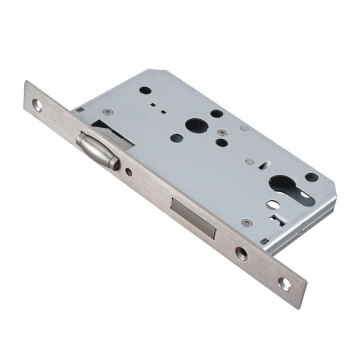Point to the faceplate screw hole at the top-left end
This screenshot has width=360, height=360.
[39, 107]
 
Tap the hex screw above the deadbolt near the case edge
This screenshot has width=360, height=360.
[245, 222]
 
